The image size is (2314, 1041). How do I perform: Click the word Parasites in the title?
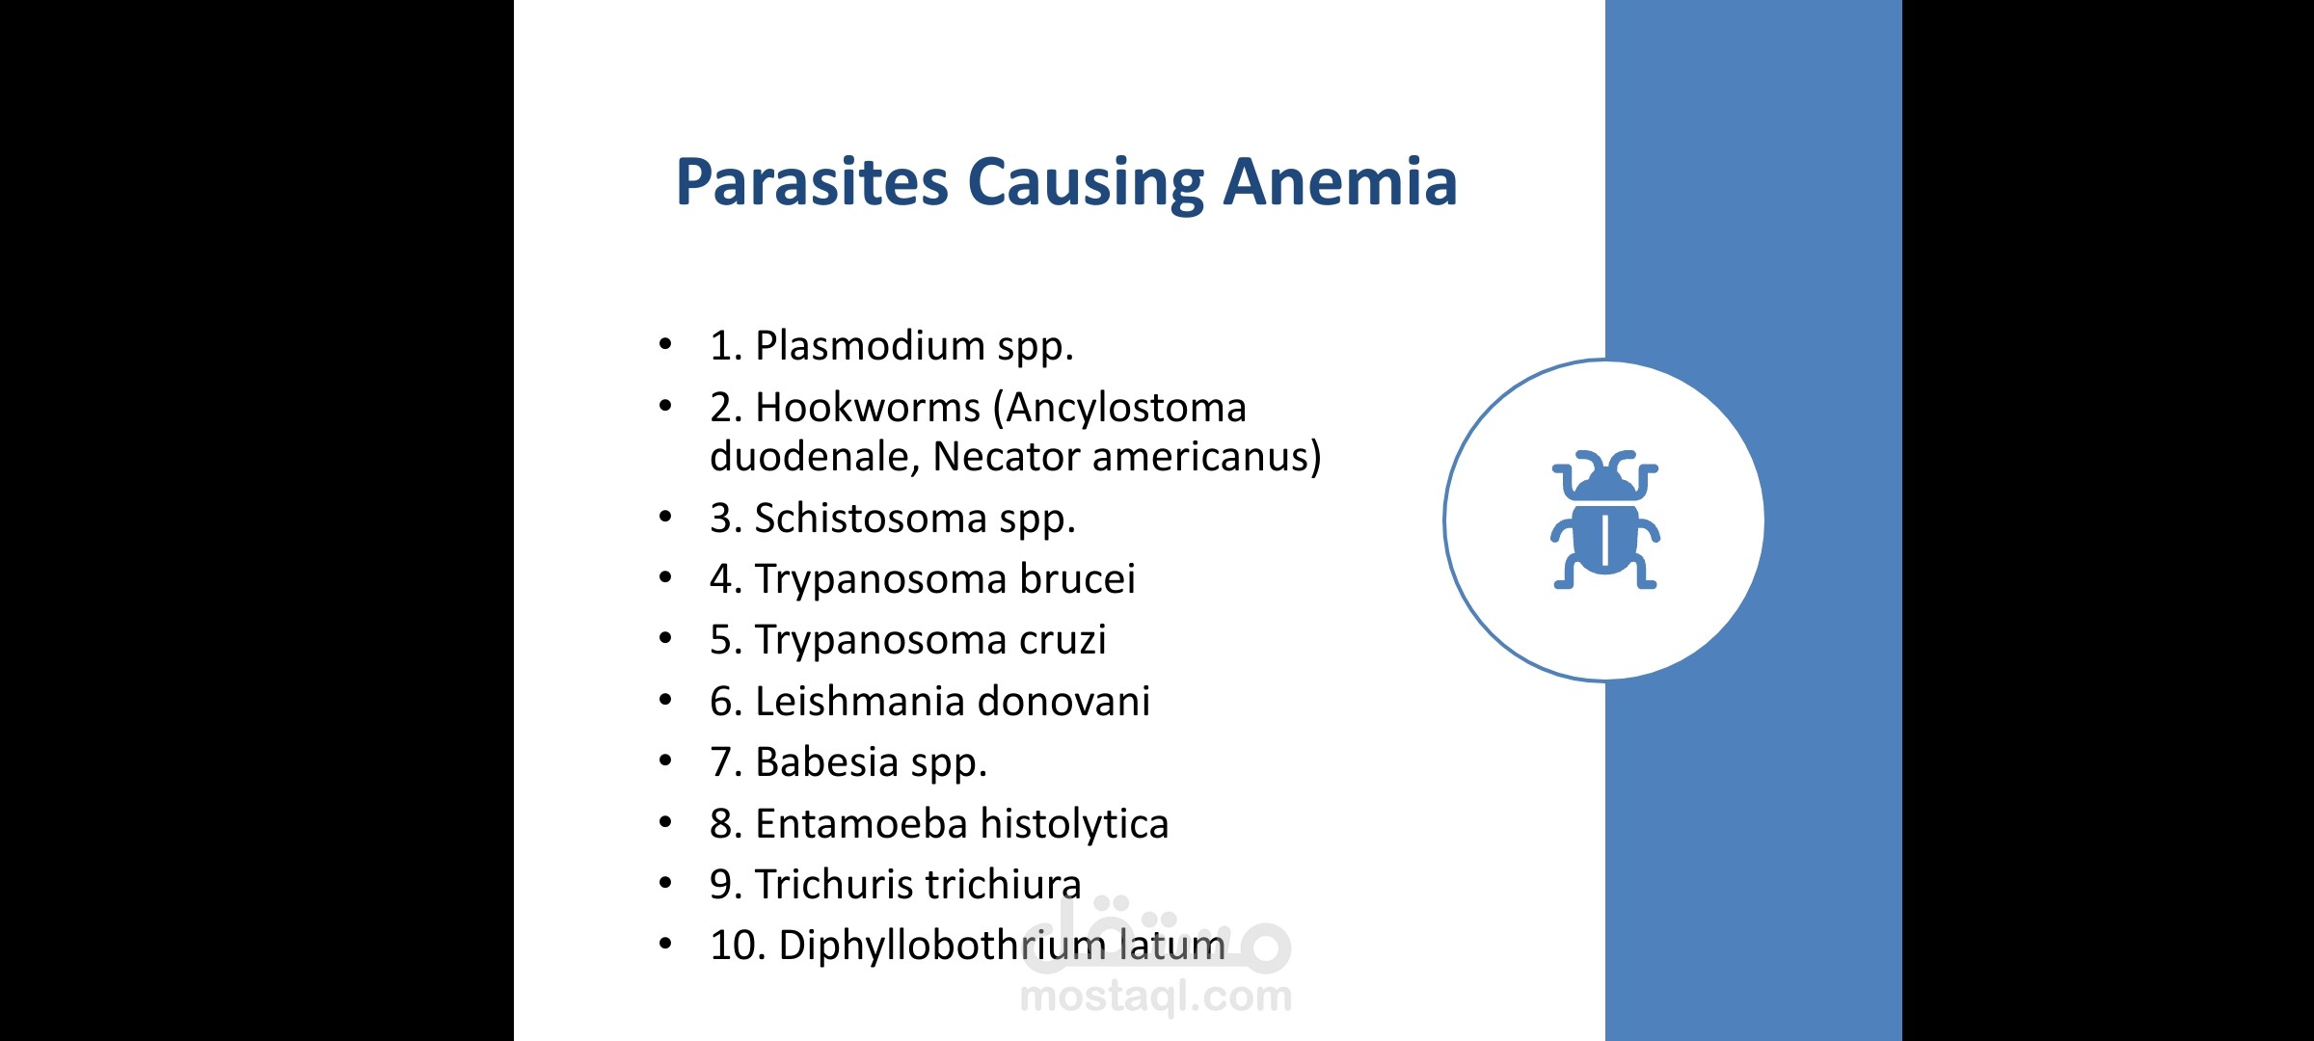tap(812, 182)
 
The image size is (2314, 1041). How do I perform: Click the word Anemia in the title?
tap(1340, 182)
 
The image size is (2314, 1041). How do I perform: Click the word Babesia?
tap(826, 761)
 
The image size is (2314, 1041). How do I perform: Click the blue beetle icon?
tap(1604, 520)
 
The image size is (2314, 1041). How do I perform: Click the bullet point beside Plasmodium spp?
tap(665, 344)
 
